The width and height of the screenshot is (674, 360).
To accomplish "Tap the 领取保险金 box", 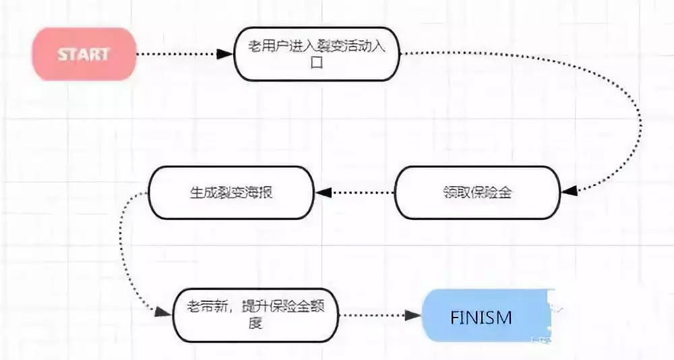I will [477, 192].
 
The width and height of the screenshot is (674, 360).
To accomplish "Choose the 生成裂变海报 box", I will [231, 192].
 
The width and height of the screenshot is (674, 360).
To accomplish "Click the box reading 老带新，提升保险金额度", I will [254, 315].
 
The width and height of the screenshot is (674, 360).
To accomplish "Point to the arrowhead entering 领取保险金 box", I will [569, 192].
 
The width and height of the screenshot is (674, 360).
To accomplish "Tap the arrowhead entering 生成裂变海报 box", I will [325, 192].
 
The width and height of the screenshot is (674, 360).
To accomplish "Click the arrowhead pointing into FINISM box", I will [413, 316].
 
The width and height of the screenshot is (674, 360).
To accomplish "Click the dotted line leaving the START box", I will [179, 54].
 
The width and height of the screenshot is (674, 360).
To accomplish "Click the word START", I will [84, 54].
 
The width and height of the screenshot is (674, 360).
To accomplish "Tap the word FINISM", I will [481, 316].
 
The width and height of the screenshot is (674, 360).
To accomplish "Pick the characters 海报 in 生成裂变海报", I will [259, 192].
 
